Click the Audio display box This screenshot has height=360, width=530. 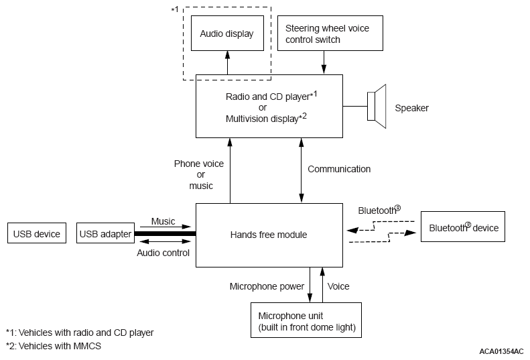click(226, 33)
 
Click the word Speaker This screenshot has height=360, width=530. click(411, 108)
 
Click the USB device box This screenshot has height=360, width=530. click(36, 234)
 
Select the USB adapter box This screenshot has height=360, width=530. click(105, 234)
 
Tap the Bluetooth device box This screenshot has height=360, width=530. click(464, 228)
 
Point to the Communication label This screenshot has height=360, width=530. click(339, 169)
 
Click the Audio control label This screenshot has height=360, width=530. click(163, 253)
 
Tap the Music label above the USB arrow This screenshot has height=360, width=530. click(163, 221)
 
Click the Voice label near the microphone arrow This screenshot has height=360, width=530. click(338, 286)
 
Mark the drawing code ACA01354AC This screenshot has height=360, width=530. click(502, 351)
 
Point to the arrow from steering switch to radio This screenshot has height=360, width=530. click(324, 62)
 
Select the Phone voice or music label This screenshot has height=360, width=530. click(199, 174)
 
